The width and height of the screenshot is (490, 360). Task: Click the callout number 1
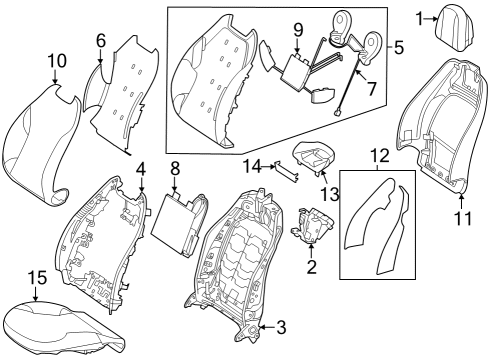point(419,19)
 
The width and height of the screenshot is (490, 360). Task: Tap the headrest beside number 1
point(453,28)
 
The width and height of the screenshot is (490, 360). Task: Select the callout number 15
point(37,278)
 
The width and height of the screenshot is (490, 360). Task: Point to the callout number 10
point(57,61)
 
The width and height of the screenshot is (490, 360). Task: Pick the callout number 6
point(101,41)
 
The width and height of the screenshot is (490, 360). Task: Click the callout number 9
point(298,30)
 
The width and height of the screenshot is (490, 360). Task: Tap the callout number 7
point(371,88)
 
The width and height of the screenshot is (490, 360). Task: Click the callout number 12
point(379,156)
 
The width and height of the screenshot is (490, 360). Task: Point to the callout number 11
point(463,219)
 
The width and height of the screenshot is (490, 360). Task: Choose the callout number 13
point(330,194)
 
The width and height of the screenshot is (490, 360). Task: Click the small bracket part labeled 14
point(286,172)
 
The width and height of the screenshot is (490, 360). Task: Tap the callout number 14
point(254,167)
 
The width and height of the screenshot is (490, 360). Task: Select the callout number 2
point(312,266)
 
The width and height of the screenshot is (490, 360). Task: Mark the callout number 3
point(282,328)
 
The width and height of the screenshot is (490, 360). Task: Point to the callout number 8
point(175,168)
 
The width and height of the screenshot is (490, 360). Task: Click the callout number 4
point(141,170)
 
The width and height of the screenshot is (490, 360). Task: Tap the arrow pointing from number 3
point(267,328)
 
